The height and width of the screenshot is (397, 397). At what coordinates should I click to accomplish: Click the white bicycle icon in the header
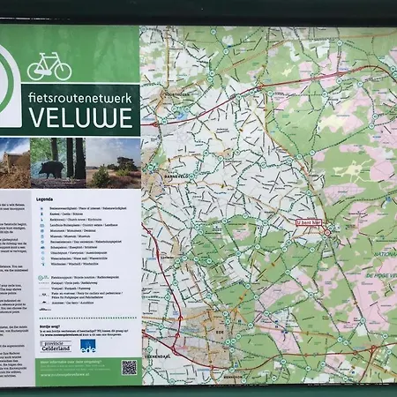(x=49, y=67)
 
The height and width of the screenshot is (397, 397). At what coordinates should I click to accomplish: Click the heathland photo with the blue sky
(x=114, y=162)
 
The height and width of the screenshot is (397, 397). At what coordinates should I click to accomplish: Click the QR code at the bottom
(x=130, y=367)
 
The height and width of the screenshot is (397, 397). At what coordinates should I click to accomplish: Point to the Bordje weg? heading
(x=49, y=326)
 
